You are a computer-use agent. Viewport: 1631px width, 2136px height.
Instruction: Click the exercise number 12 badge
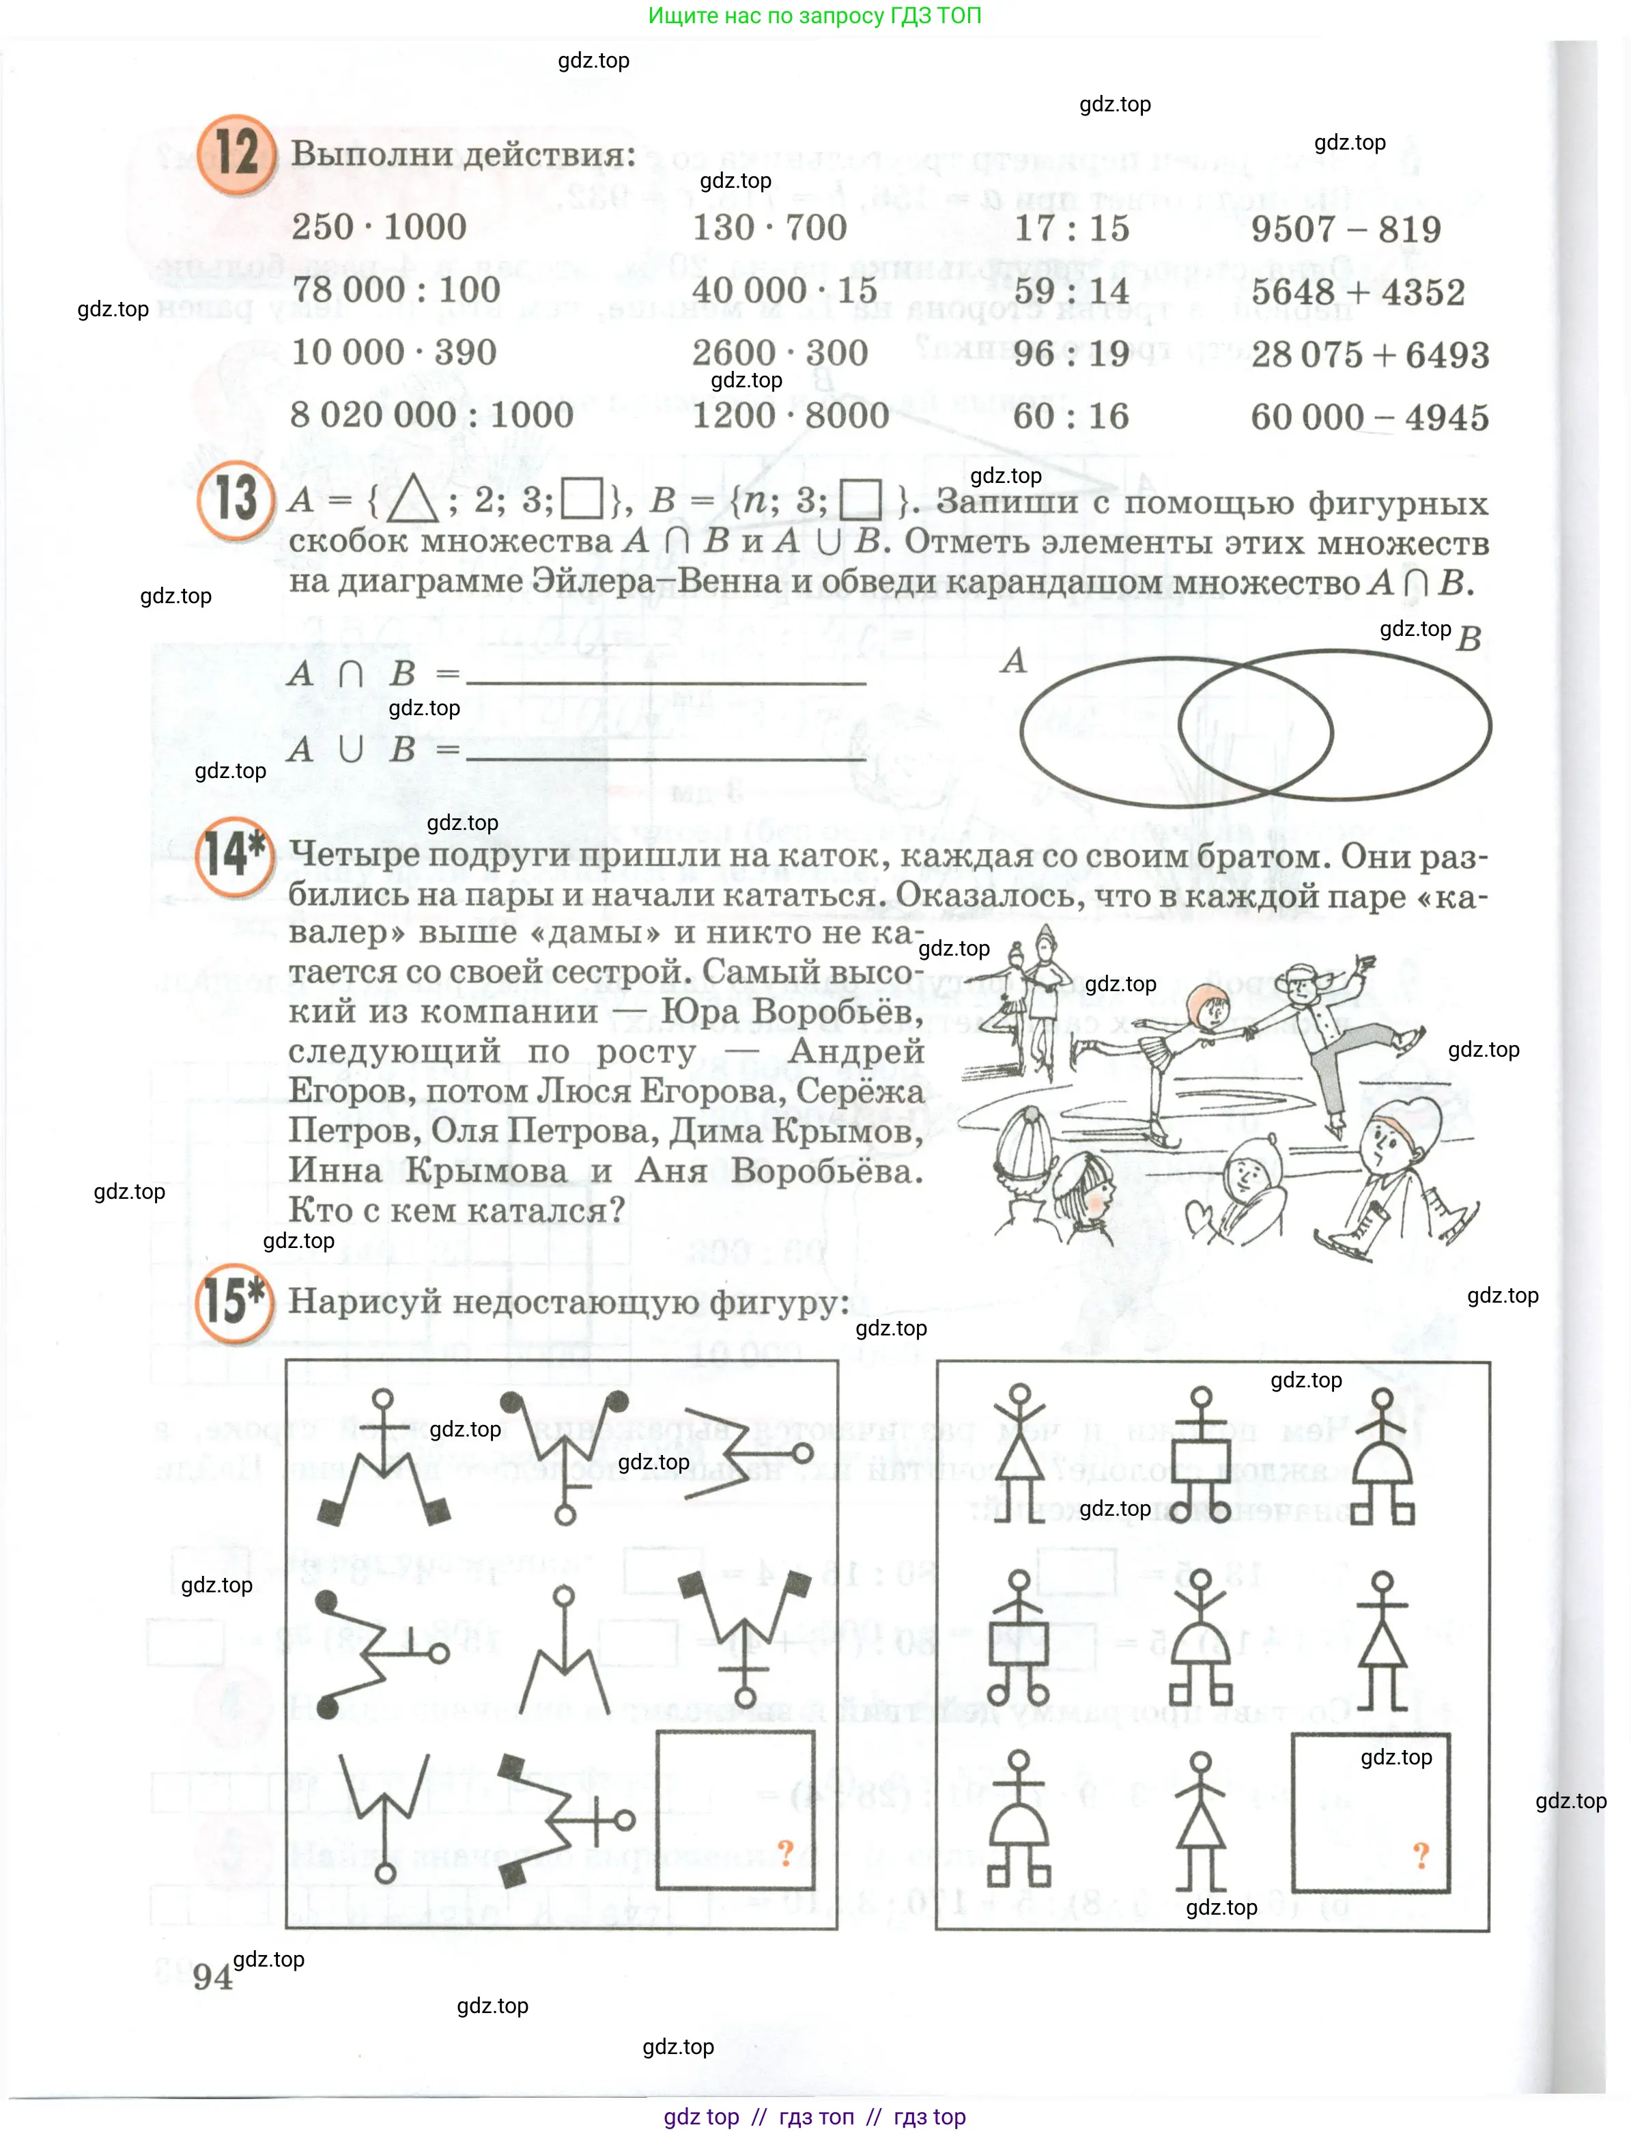click(x=236, y=154)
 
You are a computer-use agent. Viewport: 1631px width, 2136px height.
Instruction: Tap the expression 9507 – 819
click(x=1346, y=230)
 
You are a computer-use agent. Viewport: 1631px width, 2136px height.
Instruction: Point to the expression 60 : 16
click(x=1070, y=417)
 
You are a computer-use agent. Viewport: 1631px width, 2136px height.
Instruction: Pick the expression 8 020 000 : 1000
click(x=432, y=415)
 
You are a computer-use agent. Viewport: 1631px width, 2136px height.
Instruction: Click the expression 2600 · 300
click(x=780, y=352)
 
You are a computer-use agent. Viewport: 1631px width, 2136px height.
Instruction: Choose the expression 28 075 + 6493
click(x=1370, y=355)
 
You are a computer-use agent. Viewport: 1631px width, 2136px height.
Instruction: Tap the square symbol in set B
click(x=860, y=499)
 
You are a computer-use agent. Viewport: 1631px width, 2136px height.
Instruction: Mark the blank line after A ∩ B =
click(x=666, y=684)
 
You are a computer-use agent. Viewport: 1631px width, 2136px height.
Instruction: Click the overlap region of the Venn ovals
click(x=1256, y=729)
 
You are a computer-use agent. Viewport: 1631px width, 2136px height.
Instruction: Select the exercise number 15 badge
click(x=234, y=1303)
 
